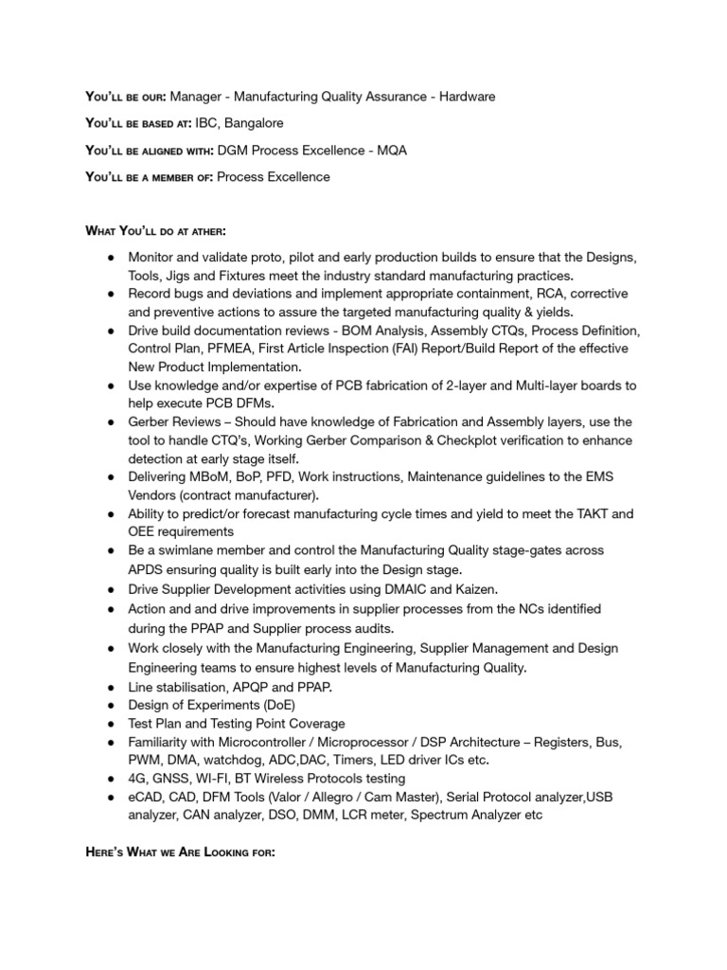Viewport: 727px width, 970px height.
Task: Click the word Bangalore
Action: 254,123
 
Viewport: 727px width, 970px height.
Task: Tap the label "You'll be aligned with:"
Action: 150,151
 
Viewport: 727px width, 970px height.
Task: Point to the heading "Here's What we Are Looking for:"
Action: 180,853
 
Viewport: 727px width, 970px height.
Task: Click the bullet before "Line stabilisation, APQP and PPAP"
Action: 111,687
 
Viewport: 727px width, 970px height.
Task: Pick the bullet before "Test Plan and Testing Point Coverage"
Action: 111,724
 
